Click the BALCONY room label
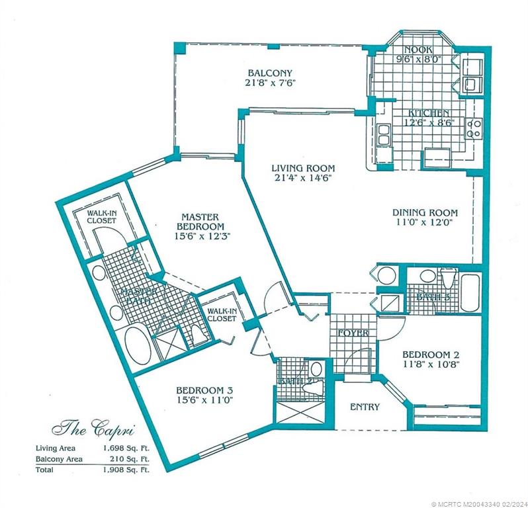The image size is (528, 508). click(270, 73)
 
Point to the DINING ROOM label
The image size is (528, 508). click(425, 212)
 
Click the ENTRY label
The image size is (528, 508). click(365, 407)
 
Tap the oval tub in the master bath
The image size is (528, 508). click(138, 343)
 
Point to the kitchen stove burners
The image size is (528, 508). click(473, 128)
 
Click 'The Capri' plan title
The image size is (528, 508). click(93, 428)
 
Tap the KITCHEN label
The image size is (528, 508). click(427, 113)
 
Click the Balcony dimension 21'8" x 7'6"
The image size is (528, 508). click(270, 83)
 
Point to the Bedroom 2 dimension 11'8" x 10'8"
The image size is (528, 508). click(429, 363)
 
